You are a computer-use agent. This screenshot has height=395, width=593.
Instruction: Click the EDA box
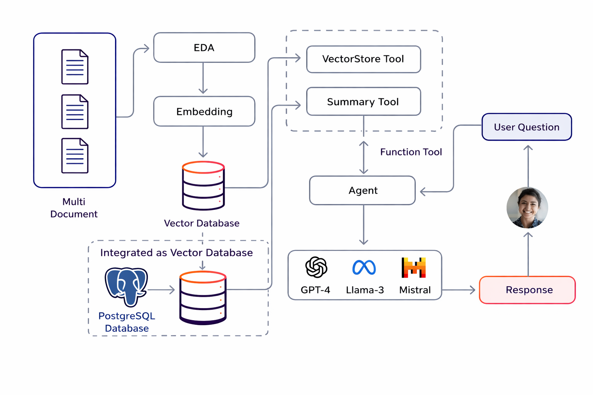coord(204,47)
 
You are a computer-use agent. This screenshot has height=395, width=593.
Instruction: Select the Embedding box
coord(204,111)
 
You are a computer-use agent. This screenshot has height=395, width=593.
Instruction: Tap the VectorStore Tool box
coord(363,59)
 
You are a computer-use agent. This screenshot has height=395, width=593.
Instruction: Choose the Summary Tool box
coord(363,101)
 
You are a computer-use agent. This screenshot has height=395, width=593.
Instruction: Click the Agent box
coord(363,191)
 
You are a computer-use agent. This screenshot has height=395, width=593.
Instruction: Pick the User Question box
coord(527,127)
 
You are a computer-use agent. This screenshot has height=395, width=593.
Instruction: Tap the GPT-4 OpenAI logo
coord(316,267)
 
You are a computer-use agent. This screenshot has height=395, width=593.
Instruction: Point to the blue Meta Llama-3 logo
coord(364,267)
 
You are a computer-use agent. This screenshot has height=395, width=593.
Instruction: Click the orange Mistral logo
coord(414,267)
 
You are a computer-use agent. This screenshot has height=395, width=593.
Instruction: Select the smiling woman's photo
coord(527,208)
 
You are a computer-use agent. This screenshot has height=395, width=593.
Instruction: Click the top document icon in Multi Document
coord(75,67)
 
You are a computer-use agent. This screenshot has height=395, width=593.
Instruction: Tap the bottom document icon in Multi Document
coord(75,156)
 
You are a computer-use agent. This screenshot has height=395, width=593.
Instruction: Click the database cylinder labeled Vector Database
coord(203,186)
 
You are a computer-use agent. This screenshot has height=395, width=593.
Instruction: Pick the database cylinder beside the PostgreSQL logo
coord(203,298)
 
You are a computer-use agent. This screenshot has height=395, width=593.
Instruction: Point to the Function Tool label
coord(411,152)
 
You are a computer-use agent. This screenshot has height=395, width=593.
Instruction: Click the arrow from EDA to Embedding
coord(203,79)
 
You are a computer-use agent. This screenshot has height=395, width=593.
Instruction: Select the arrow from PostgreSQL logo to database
coord(161,290)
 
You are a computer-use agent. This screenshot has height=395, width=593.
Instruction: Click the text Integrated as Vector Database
coord(176,253)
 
